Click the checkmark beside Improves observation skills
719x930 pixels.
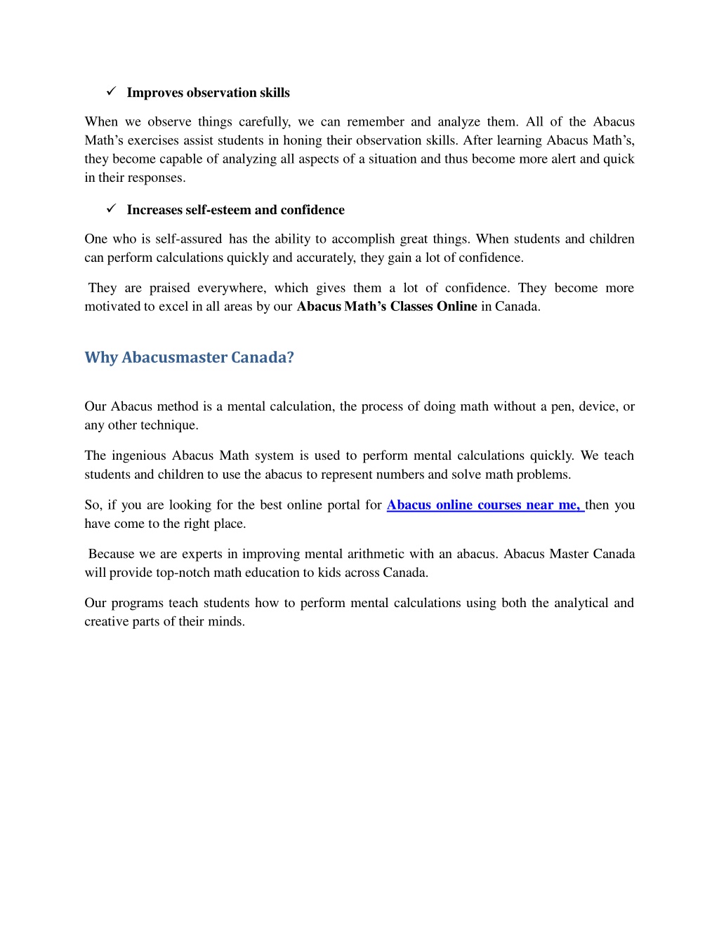tap(111, 91)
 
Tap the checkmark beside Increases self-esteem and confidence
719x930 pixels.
tap(111, 208)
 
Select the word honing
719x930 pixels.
tap(303, 140)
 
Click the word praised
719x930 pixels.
tap(169, 288)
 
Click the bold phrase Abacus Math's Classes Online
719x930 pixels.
tap(387, 306)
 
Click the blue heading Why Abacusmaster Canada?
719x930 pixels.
tap(189, 357)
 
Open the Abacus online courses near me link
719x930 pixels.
tap(484, 505)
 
